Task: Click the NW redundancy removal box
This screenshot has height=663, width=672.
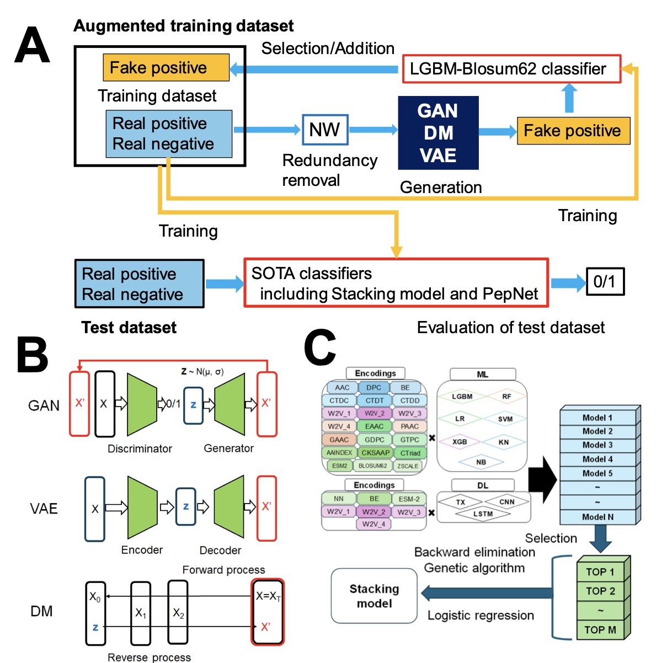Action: coord(325,130)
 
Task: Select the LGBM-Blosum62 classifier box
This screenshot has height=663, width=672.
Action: coord(511,69)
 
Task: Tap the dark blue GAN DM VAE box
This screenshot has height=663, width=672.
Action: coord(438,133)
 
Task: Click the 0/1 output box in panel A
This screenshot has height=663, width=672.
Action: coord(605,282)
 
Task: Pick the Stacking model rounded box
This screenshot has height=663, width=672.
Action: coord(374,596)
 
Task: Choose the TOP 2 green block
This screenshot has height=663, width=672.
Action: coord(600,591)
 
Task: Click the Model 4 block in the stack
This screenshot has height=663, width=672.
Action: coord(598,459)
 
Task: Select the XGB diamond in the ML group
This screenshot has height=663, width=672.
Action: coord(460,442)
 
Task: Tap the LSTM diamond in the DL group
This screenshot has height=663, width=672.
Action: coord(483,514)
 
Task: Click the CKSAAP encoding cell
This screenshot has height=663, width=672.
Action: coord(375,453)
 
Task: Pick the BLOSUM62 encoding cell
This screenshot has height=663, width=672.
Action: coord(373,466)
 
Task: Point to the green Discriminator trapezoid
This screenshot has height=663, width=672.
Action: coord(142,404)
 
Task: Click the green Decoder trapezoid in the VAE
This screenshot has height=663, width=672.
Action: coord(229,507)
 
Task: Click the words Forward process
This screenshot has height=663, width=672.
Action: coord(223,570)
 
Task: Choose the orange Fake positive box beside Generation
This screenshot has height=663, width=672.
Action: coord(573,131)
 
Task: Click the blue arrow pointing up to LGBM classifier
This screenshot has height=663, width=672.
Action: coord(569,98)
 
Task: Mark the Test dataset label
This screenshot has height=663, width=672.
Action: coord(129,328)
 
